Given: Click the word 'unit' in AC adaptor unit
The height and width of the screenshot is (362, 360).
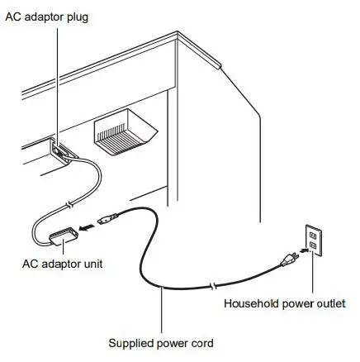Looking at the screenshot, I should point(89,264).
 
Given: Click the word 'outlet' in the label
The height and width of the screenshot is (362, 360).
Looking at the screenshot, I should point(331,302).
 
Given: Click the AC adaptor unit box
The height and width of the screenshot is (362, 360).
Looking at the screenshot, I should point(63,239).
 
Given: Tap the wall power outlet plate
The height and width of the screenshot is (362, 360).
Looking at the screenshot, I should point(315,240).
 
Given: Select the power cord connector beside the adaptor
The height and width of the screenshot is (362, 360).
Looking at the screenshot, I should point(106,221).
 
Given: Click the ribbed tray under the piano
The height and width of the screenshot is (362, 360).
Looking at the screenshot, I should point(123,133).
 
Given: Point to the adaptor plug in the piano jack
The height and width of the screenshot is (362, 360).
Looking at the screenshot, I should point(59,148).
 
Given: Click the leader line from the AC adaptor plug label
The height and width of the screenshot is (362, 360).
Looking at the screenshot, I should point(56,83).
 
